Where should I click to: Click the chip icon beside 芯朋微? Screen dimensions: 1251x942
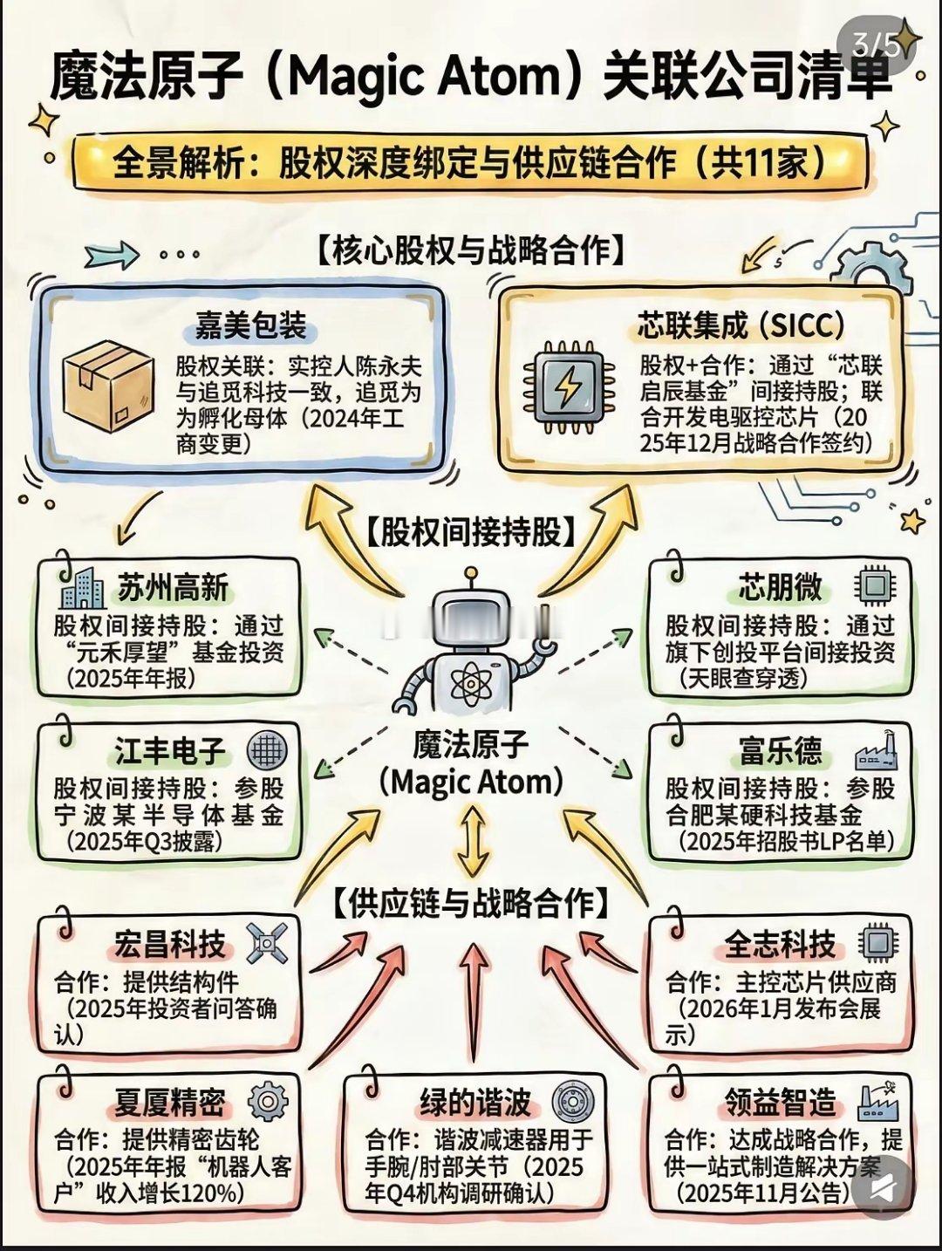(873, 585)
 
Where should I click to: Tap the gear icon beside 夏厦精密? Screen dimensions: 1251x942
(267, 1102)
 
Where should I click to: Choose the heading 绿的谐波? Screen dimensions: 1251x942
(475, 1103)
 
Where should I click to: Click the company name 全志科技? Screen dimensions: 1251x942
(779, 944)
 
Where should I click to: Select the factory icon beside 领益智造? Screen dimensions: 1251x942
(877, 1102)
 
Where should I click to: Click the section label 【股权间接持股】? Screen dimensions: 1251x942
(472, 530)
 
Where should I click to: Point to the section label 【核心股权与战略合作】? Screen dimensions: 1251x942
(470, 250)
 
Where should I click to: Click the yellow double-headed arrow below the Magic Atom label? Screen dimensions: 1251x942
(472, 841)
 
